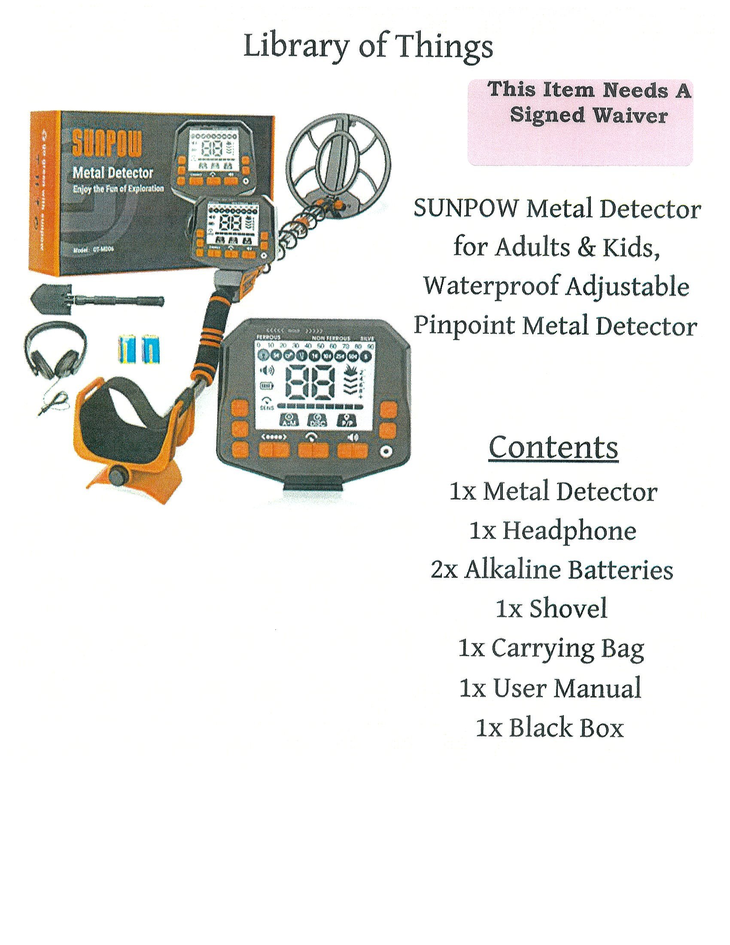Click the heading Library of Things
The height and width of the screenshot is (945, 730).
point(368,48)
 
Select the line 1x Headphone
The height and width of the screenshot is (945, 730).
point(553,531)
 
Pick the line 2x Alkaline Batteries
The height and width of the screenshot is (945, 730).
point(552,570)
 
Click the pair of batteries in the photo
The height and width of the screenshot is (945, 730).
point(139,348)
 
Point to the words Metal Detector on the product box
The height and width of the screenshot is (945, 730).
point(113,173)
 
